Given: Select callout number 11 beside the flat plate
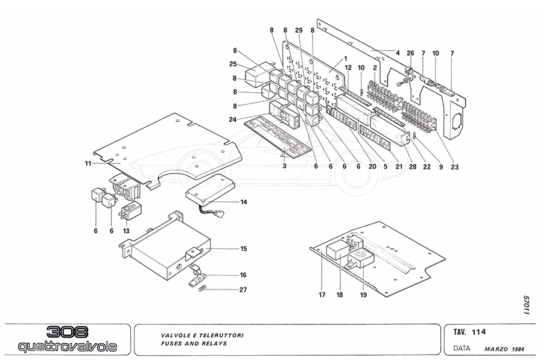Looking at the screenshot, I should (88, 163).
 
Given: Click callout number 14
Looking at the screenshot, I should (243, 202).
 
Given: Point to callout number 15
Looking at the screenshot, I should (243, 248).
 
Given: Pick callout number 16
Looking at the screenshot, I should (243, 274).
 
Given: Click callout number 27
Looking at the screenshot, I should (243, 289).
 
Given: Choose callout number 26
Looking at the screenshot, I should (410, 53).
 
